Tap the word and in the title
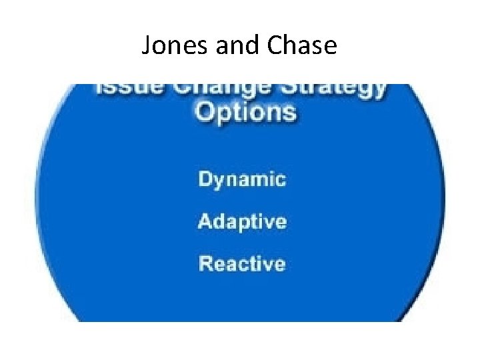[231, 45]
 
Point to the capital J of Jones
[147, 45]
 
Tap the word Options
[244, 111]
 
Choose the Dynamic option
[242, 180]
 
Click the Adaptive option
[242, 221]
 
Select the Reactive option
[242, 263]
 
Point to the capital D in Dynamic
[205, 179]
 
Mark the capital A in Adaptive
[205, 221]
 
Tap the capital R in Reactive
[205, 263]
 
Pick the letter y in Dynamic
[219, 181]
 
